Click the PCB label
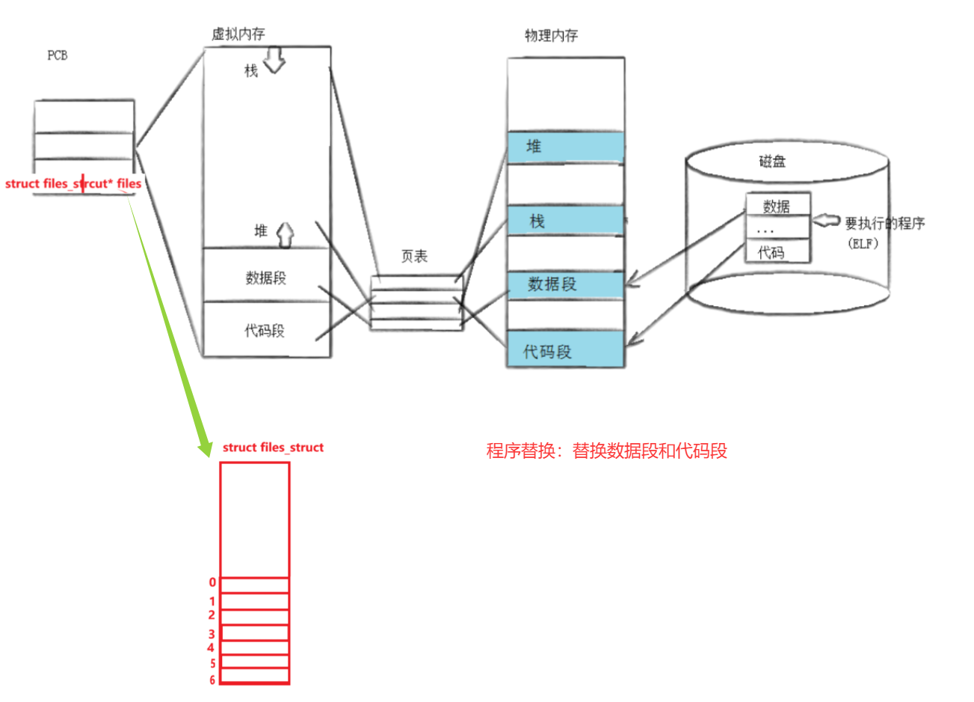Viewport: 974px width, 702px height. pyautogui.click(x=58, y=55)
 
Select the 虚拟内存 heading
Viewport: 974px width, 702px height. pyautogui.click(x=238, y=34)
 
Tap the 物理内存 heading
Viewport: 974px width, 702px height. pyautogui.click(x=551, y=36)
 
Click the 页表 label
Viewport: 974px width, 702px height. pyautogui.click(x=414, y=257)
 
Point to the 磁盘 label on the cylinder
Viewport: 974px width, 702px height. pyautogui.click(x=773, y=162)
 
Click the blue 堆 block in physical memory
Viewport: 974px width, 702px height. pyautogui.click(x=565, y=147)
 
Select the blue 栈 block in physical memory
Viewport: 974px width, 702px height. pyautogui.click(x=565, y=221)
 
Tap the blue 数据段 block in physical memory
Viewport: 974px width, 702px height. pyautogui.click(x=565, y=284)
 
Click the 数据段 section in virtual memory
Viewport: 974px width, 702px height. pyautogui.click(x=266, y=278)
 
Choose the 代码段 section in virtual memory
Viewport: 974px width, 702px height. pyautogui.click(x=265, y=330)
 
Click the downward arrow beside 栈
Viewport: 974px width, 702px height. pyautogui.click(x=274, y=61)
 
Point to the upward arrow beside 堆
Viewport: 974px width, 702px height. pyautogui.click(x=286, y=234)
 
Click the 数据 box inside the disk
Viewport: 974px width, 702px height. pyautogui.click(x=777, y=206)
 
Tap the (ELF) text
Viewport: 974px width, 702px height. pyautogui.click(x=863, y=243)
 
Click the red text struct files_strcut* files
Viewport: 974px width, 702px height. pyautogui.click(x=73, y=183)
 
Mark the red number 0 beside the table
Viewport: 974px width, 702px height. pyautogui.click(x=212, y=582)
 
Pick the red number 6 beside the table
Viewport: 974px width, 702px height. pyautogui.click(x=212, y=680)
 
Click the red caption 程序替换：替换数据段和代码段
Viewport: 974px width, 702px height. pyautogui.click(x=606, y=451)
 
